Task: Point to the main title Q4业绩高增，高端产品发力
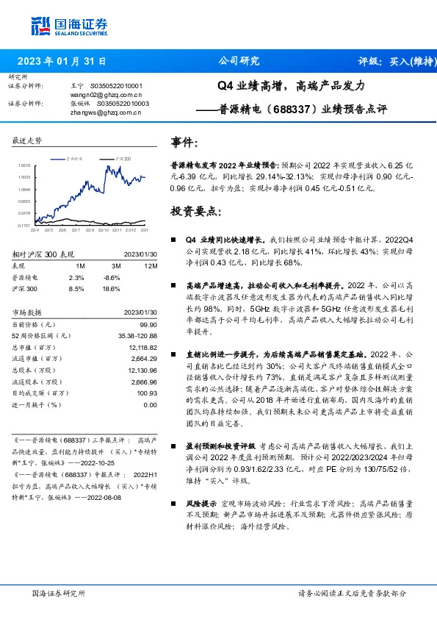point(291,86)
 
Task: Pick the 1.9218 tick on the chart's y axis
point(24,166)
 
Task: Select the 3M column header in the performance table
point(116,265)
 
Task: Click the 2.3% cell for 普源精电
point(76,277)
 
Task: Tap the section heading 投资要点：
point(195,211)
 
